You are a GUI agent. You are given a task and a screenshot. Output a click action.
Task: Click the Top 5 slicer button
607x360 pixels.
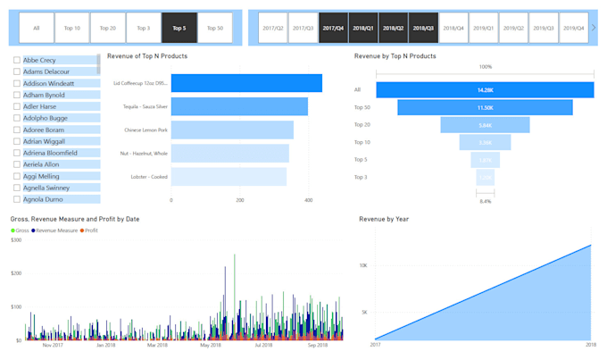point(179,28)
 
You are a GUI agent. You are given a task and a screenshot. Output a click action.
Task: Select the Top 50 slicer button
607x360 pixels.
point(214,28)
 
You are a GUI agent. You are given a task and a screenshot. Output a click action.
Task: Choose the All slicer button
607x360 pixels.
point(37,28)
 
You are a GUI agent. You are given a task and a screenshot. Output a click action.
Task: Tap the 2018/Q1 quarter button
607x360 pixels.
point(362,28)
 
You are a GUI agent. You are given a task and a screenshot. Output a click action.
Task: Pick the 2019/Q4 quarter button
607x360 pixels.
point(571,28)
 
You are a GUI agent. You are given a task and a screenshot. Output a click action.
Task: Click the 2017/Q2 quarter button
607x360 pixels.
point(274,28)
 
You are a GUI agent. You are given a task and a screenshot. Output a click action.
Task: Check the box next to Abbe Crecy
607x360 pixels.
point(17,60)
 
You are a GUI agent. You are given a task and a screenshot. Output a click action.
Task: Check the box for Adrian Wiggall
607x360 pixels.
point(17,141)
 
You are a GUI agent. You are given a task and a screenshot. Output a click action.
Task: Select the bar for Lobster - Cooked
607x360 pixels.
point(229,176)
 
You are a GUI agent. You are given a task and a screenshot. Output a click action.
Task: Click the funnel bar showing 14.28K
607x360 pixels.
point(485,89)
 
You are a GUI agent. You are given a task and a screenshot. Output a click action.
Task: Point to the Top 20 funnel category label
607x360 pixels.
point(362,125)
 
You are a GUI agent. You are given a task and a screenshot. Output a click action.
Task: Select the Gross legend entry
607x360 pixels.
point(21,230)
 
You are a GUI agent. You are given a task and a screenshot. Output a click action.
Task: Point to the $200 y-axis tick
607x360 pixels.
point(16,272)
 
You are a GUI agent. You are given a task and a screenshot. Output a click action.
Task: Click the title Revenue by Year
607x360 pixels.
point(384,218)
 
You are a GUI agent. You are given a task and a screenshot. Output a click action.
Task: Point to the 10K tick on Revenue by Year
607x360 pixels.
point(364,265)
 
